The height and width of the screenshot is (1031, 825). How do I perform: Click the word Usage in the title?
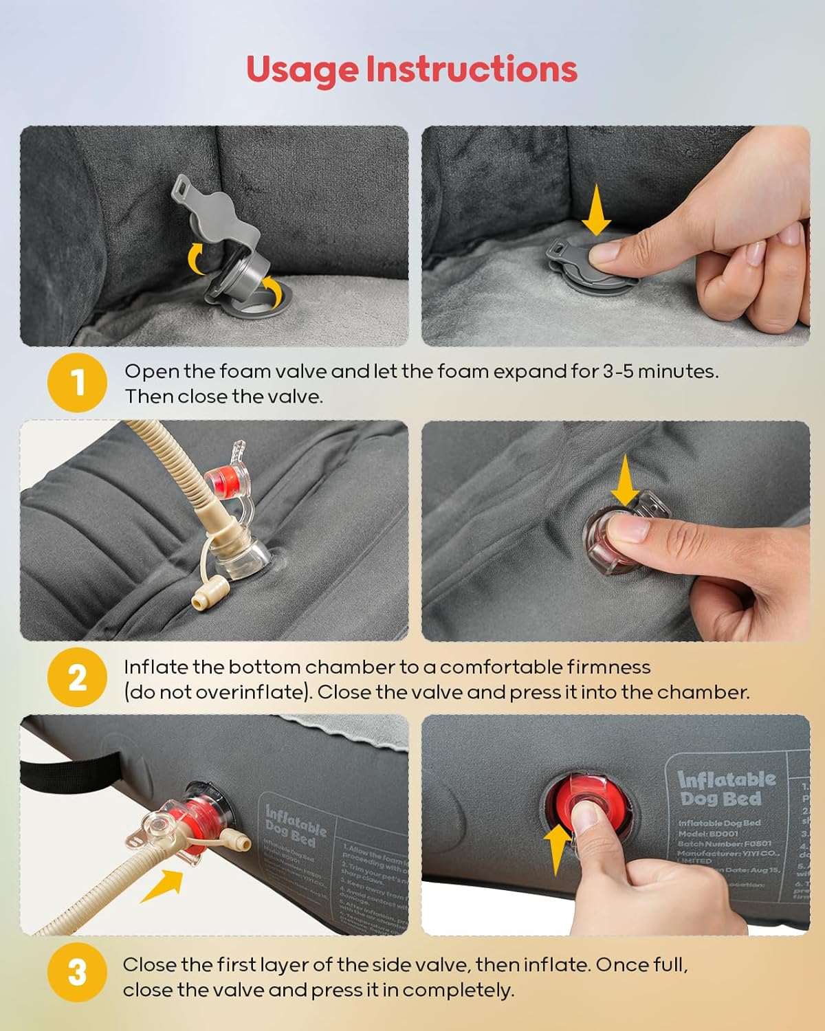302,69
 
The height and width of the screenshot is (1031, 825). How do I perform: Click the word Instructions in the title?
471,69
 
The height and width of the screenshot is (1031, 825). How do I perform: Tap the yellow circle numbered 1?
78,382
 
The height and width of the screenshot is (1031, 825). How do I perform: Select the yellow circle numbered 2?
78,678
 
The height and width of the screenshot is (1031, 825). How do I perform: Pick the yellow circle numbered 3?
78,973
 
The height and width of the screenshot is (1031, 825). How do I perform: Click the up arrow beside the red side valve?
558,849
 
